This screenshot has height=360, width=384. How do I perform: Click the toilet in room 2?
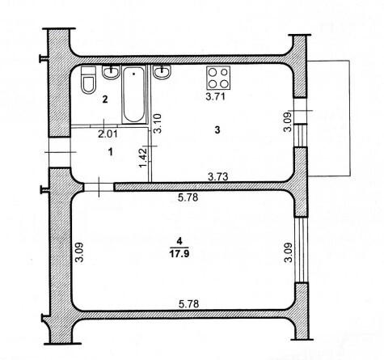tap(88, 80)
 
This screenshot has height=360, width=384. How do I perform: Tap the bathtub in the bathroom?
tap(134, 95)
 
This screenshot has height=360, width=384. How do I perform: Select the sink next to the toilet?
tap(111, 72)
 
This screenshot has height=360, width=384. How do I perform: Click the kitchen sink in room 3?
tap(162, 71)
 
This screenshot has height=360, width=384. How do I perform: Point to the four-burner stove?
tap(218, 78)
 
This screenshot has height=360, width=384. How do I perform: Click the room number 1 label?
tap(110, 152)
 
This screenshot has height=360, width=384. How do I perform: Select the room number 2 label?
tap(105, 100)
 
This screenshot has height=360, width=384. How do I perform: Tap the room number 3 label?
tap(217, 130)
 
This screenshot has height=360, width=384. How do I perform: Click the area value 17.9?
tap(179, 254)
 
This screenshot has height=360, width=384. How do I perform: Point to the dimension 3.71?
tap(215, 97)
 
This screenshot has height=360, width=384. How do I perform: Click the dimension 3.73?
tap(218, 176)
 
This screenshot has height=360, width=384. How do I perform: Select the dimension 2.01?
tap(108, 134)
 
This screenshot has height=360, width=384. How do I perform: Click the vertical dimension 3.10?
tap(158, 123)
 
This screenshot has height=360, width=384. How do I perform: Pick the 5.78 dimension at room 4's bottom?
tap(189, 304)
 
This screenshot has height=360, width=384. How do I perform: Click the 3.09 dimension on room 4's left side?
tap(79, 252)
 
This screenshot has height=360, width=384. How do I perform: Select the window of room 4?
tap(301, 250)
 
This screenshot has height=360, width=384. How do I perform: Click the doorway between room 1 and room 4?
tap(99, 187)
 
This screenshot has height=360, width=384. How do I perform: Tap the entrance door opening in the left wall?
tap(60, 152)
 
